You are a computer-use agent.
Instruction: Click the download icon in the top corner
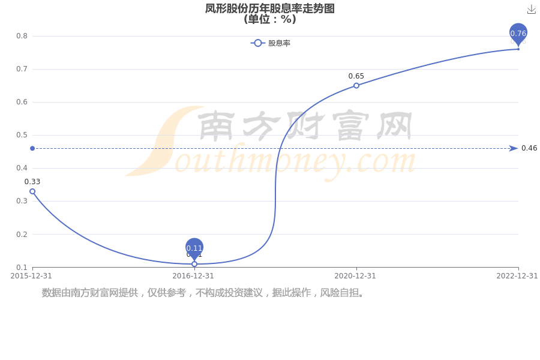tap(532, 10)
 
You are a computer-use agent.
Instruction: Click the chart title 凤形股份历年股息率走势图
tap(269, 8)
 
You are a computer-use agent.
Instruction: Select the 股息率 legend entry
tap(271, 43)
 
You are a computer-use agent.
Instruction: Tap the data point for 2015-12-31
tap(32, 191)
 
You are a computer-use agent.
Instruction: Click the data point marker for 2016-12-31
tap(194, 264)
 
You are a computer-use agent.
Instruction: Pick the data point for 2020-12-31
tap(356, 85)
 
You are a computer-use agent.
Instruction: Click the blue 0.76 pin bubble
tap(518, 34)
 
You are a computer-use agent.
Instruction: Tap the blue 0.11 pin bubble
tap(194, 248)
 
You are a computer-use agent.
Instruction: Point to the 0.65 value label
tap(356, 76)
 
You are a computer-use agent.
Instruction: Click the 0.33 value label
tap(32, 182)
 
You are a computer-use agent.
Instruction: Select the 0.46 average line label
tap(529, 148)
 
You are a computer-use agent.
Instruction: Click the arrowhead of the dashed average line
tap(514, 148)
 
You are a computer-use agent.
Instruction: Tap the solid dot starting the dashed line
tap(32, 148)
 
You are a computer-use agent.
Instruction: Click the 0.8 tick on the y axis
tap(22, 36)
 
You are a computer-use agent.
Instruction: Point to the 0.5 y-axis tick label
tap(22, 135)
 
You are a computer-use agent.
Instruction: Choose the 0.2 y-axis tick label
tap(22, 234)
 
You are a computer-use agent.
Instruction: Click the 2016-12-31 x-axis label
tap(193, 276)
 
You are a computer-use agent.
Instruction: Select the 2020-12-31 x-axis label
tap(355, 276)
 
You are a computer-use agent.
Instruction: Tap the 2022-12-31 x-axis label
tap(517, 276)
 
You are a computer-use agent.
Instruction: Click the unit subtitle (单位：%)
tap(269, 19)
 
